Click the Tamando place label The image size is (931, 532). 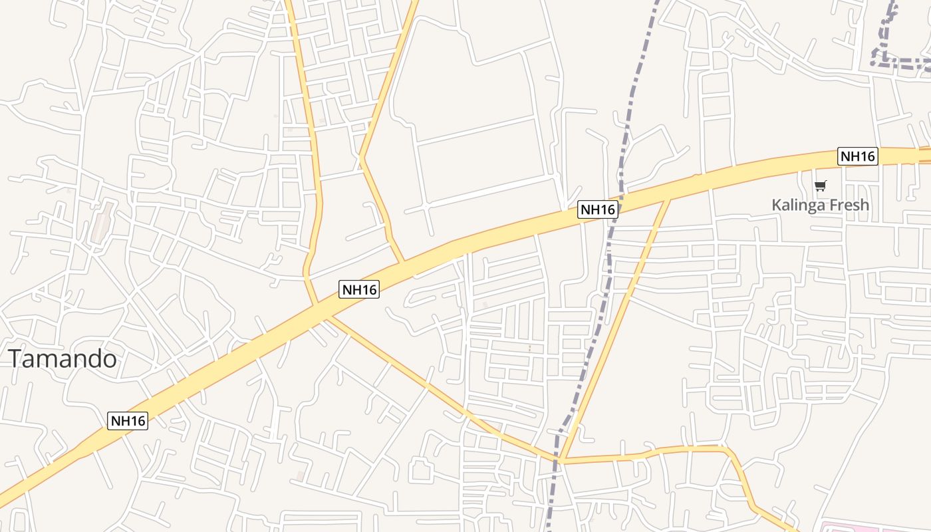click(63, 359)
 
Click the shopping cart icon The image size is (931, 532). click(821, 186)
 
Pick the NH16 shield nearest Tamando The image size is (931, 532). click(128, 420)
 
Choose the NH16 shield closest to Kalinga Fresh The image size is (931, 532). click(858, 156)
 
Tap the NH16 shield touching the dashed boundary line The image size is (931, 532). click(598, 209)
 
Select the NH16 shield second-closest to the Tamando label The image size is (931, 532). click(359, 289)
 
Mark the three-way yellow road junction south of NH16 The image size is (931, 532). click(560, 460)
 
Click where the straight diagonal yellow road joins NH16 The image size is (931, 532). click(668, 198)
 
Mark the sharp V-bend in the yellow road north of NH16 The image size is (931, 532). click(362, 158)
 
